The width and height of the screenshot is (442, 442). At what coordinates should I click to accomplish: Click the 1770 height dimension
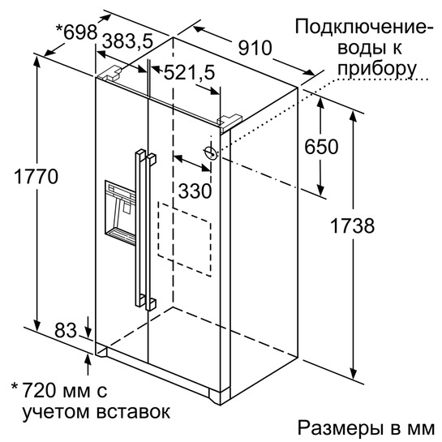click(x=36, y=177)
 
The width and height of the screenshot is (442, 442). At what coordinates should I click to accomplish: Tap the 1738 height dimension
click(x=352, y=225)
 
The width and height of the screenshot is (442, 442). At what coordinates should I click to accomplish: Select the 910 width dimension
click(x=255, y=48)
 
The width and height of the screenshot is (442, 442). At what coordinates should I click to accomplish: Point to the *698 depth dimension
click(x=77, y=32)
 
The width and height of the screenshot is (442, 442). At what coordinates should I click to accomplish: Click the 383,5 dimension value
click(x=127, y=41)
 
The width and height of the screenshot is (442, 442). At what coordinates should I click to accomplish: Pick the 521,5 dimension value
click(x=189, y=72)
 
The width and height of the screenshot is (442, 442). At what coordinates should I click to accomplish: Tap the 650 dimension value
click(x=321, y=147)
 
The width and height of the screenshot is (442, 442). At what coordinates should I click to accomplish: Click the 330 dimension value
click(x=195, y=191)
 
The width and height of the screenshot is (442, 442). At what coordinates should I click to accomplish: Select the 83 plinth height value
click(x=66, y=330)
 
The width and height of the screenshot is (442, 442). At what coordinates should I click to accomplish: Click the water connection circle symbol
click(x=211, y=153)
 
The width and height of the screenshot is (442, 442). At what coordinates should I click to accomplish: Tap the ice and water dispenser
click(x=120, y=212)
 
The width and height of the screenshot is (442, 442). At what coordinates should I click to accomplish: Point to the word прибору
click(x=377, y=70)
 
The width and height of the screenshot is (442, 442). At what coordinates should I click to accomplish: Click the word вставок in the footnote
click(x=133, y=412)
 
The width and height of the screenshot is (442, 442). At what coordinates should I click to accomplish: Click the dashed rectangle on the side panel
click(x=184, y=238)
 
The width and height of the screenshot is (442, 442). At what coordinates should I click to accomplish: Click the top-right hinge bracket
click(x=229, y=122)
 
